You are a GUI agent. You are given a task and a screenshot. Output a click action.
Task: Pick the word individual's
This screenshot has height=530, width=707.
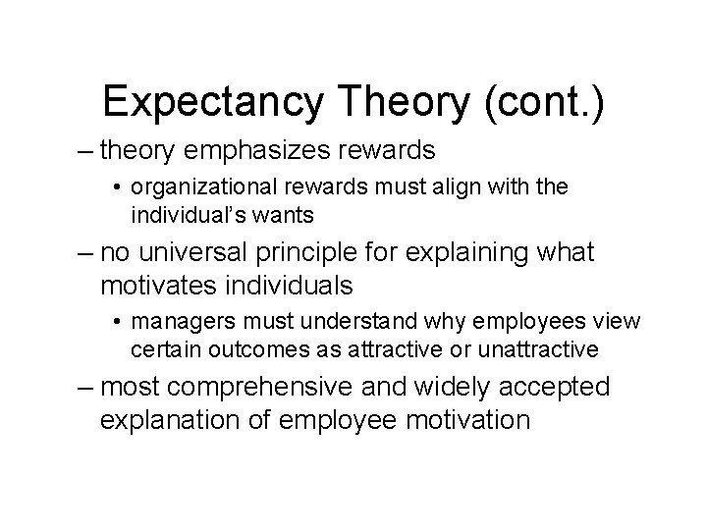(188, 214)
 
